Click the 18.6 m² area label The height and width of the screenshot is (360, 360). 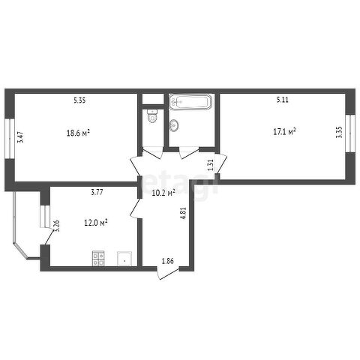(x=78, y=133)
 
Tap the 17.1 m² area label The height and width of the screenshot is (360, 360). (x=285, y=131)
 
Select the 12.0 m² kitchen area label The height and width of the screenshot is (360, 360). (x=96, y=223)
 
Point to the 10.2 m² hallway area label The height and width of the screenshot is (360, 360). (x=163, y=193)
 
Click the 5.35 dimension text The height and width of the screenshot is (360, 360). (x=79, y=100)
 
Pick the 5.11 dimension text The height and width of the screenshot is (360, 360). (x=283, y=100)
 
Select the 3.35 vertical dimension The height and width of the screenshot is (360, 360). (x=340, y=132)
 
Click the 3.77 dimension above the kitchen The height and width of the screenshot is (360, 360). (x=97, y=192)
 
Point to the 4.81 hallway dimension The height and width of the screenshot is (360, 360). (x=184, y=213)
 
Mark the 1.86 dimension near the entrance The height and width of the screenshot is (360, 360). (x=168, y=261)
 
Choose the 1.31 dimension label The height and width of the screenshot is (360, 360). (x=211, y=165)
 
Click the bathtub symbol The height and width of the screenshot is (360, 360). (x=190, y=102)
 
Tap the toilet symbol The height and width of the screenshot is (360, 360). (x=152, y=116)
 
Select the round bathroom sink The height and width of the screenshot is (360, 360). (x=174, y=125)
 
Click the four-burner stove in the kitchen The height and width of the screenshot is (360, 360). (x=98, y=258)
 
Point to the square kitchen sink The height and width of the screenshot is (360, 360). (x=124, y=259)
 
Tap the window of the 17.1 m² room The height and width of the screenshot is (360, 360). (x=350, y=133)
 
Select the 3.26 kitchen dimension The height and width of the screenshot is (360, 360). (x=57, y=226)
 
